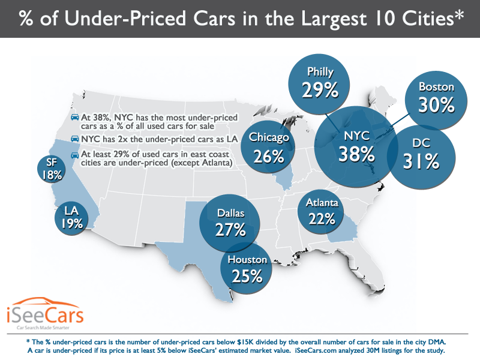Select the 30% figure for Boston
437,105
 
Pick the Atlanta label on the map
322,203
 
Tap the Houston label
246,260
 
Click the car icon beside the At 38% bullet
74,116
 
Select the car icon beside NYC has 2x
74,138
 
